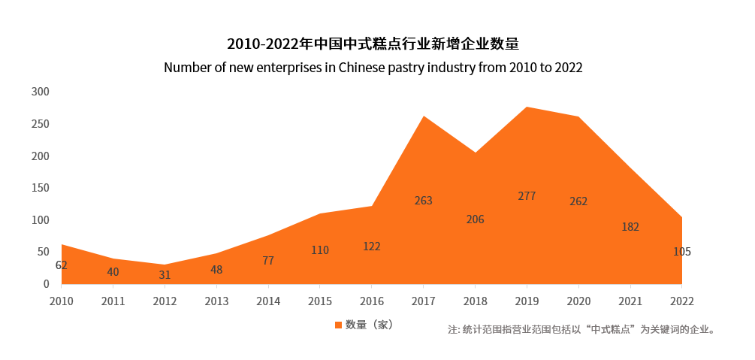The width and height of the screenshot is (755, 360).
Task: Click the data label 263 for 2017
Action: coord(424,201)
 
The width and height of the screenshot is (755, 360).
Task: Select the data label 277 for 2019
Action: coord(527,196)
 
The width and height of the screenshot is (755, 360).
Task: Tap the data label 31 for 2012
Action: coord(165,275)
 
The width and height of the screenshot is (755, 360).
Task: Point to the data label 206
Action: coord(475,219)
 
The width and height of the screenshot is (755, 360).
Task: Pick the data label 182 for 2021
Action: coord(630,226)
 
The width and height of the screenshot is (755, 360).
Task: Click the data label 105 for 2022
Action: coord(681,252)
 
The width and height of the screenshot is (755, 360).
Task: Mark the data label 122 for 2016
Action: coord(372,246)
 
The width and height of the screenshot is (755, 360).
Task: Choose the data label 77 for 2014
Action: coord(268,261)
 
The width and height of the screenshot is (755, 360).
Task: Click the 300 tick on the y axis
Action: coord(40,92)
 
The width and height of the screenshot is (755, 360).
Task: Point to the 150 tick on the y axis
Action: coord(40,188)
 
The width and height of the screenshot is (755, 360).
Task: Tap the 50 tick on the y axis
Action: coord(43,252)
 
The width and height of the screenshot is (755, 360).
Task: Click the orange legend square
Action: coord(338,325)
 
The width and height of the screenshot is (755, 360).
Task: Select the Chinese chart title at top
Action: coord(373,43)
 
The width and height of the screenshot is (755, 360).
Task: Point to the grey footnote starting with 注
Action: coord(581,329)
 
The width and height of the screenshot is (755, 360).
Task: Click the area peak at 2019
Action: coord(527,107)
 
